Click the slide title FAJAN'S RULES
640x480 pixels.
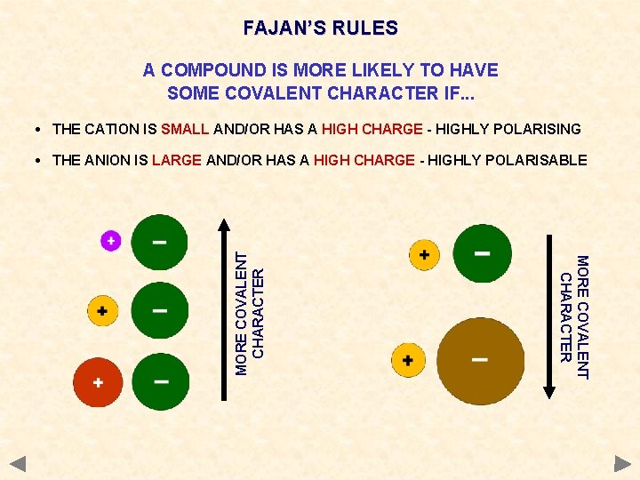pyautogui.click(x=320, y=28)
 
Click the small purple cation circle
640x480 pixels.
pyautogui.click(x=110, y=240)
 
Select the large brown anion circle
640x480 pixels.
pyautogui.click(x=480, y=360)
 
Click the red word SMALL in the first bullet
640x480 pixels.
pyautogui.click(x=185, y=129)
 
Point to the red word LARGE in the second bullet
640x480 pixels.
pyautogui.click(x=177, y=160)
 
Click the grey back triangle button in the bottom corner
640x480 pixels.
pyautogui.click(x=19, y=463)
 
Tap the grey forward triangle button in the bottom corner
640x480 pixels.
pyautogui.click(x=622, y=463)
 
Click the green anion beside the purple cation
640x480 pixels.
pyautogui.click(x=159, y=242)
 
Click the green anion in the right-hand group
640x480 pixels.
pyautogui.click(x=482, y=253)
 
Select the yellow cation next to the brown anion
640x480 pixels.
pyautogui.click(x=408, y=360)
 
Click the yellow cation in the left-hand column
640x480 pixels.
pyautogui.click(x=102, y=311)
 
